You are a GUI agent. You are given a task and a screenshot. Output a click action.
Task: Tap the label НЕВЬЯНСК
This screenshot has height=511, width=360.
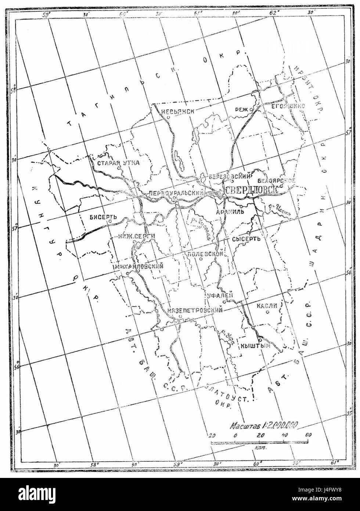click(175, 112)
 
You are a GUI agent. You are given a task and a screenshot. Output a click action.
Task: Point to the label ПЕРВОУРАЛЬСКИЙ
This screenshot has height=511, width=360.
click(177, 192)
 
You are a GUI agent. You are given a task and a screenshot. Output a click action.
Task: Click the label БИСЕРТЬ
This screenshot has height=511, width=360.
click(103, 217)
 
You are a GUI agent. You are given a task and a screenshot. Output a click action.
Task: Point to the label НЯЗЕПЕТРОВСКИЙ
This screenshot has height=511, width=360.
click(195, 311)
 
